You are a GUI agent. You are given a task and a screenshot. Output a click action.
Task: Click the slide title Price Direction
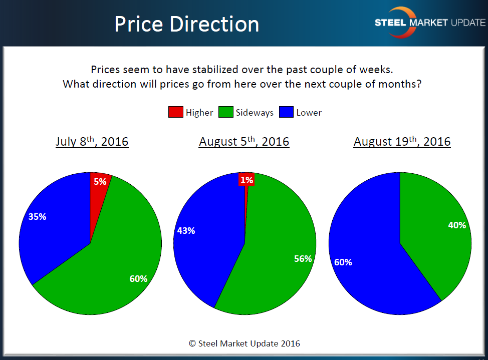point(186,24)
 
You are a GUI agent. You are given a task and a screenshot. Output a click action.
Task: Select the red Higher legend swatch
point(175,113)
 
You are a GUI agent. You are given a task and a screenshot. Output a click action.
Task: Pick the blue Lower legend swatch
point(287,113)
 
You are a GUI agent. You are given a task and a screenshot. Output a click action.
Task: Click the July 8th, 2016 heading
point(92,142)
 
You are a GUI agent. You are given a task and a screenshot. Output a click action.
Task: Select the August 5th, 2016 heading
point(244,142)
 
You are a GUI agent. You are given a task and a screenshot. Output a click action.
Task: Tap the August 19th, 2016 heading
point(402,142)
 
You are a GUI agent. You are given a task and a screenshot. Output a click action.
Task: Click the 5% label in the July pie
point(100,182)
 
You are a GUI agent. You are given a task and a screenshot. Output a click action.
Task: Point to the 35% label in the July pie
point(37,217)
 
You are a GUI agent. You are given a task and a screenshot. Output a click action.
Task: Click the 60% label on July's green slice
point(138,279)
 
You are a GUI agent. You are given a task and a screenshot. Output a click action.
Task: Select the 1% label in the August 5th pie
point(247,180)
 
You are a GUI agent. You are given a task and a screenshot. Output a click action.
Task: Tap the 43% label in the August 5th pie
point(186,231)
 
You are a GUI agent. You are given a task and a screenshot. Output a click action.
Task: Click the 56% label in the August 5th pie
point(303,259)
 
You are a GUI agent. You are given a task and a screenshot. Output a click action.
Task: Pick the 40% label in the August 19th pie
point(457,225)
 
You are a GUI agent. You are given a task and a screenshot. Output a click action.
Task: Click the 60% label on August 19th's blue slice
point(343,262)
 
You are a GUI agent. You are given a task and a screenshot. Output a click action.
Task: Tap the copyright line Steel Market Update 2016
point(244,343)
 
